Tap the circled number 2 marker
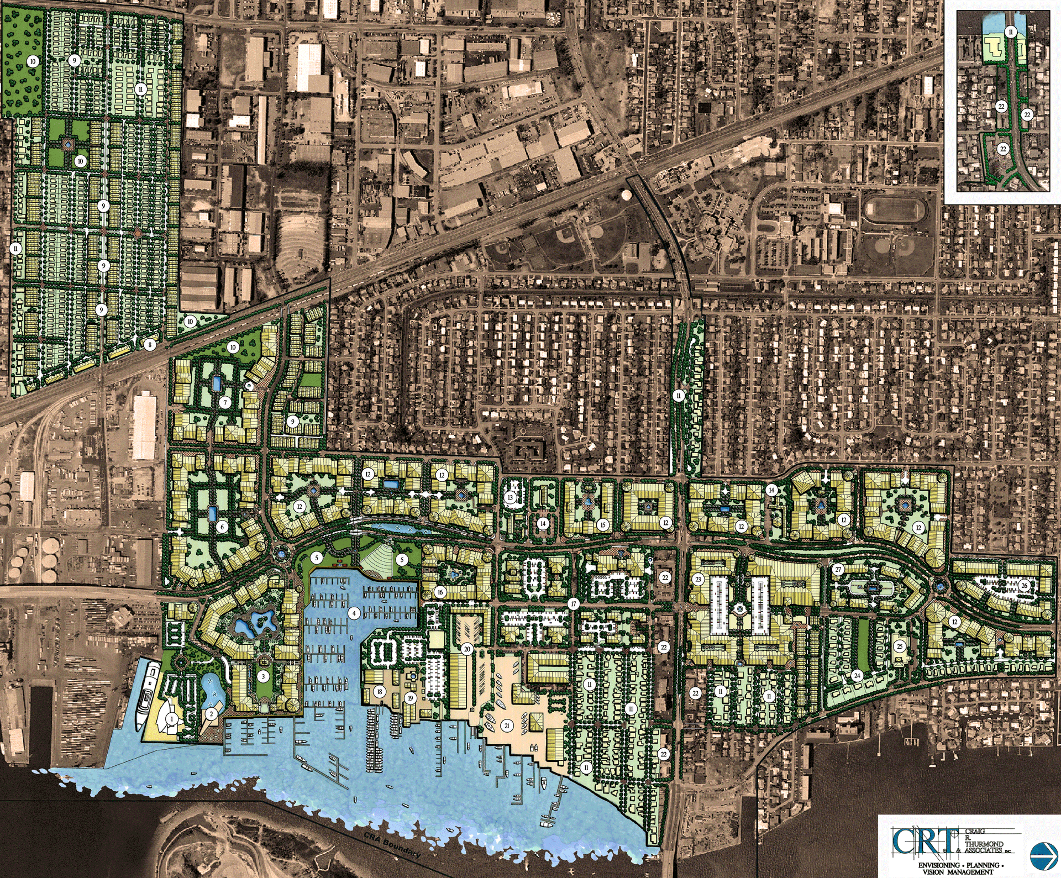211,714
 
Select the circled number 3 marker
264,676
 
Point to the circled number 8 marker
149,345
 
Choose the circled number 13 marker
510,498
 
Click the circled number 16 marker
440,592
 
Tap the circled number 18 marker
380,691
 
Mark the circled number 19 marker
410,698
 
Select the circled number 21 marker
507,725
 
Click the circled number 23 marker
698,580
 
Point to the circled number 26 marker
1025,586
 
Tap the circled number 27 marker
838,570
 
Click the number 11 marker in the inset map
1011,32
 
